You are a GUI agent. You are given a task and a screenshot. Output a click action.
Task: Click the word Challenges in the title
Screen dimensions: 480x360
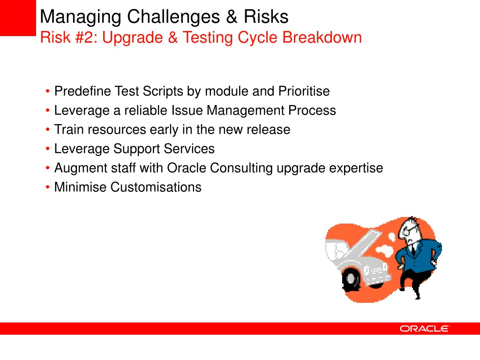click(173, 16)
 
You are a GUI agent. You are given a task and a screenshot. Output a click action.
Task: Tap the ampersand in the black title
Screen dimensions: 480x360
click(232, 16)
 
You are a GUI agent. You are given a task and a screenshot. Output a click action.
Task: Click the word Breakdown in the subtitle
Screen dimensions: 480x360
click(322, 37)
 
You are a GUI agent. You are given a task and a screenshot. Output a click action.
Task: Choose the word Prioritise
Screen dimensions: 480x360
click(304, 91)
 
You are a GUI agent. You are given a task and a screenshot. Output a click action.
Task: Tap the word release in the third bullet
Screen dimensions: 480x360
click(269, 130)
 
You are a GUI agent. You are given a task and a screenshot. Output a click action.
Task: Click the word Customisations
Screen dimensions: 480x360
click(156, 187)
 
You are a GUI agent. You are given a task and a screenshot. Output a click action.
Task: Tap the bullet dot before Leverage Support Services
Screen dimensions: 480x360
click(47, 149)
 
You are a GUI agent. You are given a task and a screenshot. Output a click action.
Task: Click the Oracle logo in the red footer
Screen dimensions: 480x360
click(424, 329)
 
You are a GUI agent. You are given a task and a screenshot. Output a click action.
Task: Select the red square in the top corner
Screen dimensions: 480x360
click(18, 18)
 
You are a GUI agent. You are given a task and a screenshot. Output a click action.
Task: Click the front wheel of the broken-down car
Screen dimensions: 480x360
click(351, 279)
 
